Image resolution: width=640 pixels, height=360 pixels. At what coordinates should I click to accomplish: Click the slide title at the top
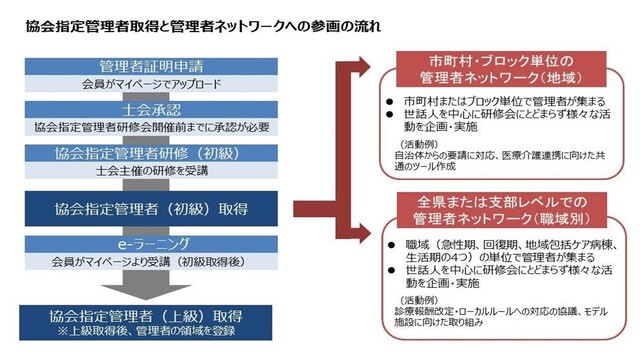coord(203,26)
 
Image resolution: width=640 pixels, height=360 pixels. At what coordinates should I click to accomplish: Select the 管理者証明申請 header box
coord(151,66)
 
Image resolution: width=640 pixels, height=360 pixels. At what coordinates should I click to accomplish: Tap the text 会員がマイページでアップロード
coord(151,84)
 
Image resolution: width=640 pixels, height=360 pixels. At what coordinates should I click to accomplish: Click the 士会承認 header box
coord(151,110)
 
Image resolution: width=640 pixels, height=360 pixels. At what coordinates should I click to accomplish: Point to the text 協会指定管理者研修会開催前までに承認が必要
coord(151,127)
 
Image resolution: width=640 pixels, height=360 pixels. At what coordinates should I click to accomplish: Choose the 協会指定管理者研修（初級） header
coord(151,153)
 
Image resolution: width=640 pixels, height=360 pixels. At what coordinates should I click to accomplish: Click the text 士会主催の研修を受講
coord(152,171)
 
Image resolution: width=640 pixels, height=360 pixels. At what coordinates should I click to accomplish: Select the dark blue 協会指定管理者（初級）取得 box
coord(151,209)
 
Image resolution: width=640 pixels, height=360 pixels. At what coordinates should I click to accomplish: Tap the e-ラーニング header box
coord(151,244)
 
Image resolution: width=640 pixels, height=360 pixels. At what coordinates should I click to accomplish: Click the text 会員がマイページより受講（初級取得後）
coord(150,262)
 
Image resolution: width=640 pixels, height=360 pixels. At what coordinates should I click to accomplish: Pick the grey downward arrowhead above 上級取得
coord(146,292)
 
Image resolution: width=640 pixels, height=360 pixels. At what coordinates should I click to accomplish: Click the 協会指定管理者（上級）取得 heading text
coord(146,316)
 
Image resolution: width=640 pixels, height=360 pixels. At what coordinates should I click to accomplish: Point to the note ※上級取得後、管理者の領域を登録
coord(146,330)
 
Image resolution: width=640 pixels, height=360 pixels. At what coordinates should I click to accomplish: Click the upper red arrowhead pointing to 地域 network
coord(362,67)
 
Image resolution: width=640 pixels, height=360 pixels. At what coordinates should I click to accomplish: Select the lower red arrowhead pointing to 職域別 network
coord(362,233)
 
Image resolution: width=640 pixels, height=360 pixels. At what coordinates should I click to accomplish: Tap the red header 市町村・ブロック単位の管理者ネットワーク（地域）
coord(501,69)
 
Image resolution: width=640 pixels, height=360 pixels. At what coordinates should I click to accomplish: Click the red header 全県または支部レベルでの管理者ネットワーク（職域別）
coord(502,210)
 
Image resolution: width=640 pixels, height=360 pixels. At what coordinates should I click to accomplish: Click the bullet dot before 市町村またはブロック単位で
coord(390,102)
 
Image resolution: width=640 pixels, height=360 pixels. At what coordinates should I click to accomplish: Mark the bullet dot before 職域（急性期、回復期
coord(391,245)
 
